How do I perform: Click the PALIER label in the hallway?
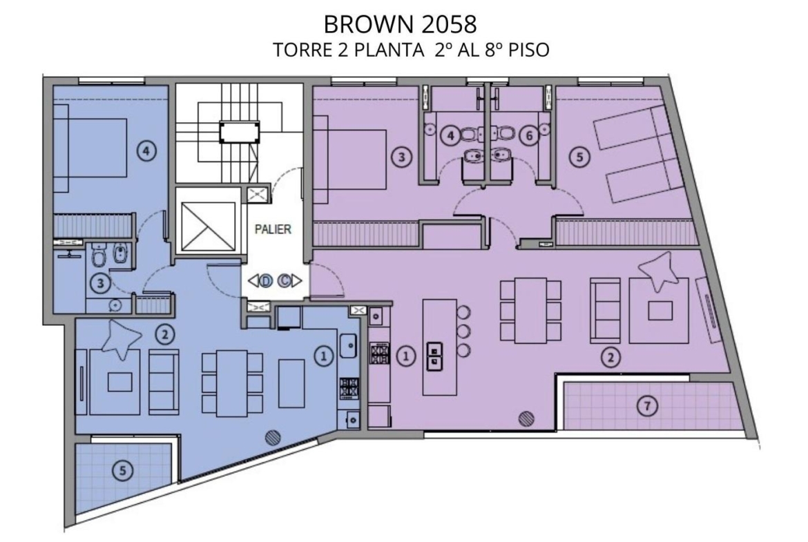coord(273,229)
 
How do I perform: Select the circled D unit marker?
coord(266,281)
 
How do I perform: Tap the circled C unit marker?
coord(284,281)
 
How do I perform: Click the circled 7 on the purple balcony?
coord(647,406)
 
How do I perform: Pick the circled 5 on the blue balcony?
coord(123,470)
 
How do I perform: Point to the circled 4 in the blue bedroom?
coord(146,151)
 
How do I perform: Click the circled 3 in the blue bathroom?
coord(101,283)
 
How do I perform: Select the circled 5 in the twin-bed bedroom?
coord(579,156)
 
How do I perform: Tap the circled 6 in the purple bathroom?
coord(529,136)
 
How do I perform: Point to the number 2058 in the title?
coord(448,24)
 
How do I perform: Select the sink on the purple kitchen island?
coord(434,356)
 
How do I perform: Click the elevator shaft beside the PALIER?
coord(208,226)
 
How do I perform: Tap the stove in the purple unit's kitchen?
coord(379,354)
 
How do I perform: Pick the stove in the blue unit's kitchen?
coord(349,388)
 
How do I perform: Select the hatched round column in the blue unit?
coord(273,438)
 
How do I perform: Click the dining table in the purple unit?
coord(531,311)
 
